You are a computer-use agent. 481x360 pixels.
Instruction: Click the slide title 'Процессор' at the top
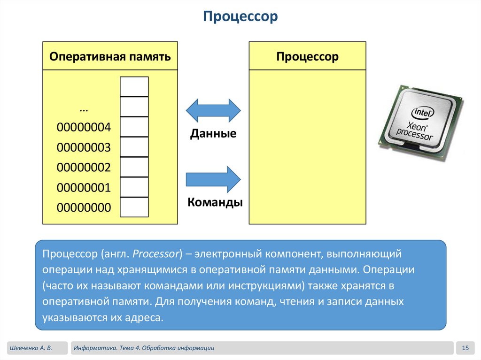(x=240, y=17)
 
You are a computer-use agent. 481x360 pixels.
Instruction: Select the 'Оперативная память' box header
(x=110, y=57)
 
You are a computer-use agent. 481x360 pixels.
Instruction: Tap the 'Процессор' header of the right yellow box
(x=307, y=57)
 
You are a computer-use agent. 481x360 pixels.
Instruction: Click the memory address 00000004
(x=84, y=128)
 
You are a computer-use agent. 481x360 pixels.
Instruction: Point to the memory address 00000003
(x=84, y=148)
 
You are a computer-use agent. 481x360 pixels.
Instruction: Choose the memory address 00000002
(x=84, y=168)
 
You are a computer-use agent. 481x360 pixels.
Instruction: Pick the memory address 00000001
(x=84, y=188)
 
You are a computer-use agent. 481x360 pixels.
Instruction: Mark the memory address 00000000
(x=84, y=208)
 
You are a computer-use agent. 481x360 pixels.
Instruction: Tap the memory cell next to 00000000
(x=134, y=207)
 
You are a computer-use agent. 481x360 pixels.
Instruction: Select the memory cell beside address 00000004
(x=134, y=127)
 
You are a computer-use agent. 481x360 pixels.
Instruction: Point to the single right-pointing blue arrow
(x=213, y=179)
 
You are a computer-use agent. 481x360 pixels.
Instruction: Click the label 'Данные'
(x=213, y=134)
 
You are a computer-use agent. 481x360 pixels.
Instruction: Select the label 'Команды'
(x=215, y=203)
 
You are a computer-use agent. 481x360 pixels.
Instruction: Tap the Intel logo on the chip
(x=423, y=112)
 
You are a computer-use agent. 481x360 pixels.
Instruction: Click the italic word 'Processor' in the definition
(x=156, y=254)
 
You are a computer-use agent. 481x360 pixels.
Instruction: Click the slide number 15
(x=465, y=348)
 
